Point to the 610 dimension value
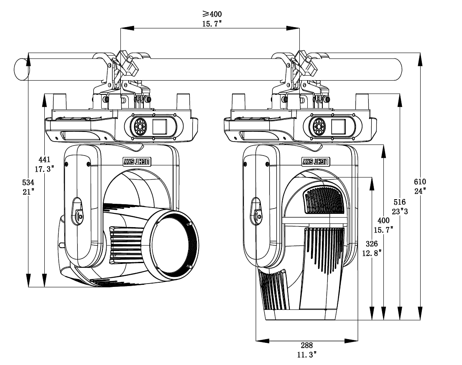(420, 182)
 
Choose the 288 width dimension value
(306, 345)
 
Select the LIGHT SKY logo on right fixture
(317, 161)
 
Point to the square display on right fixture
(339, 126)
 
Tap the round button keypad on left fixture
(140, 126)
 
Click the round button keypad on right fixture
(319, 126)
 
